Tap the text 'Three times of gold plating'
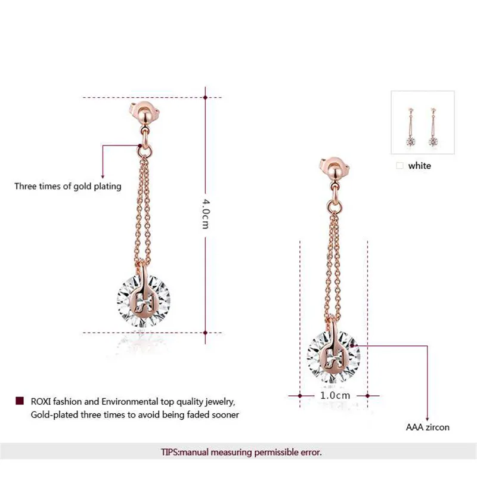pos(68,187)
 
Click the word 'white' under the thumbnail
pos(419,166)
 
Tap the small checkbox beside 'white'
pos(399,166)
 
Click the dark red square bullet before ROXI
pos(19,401)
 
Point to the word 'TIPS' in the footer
pos(171,453)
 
